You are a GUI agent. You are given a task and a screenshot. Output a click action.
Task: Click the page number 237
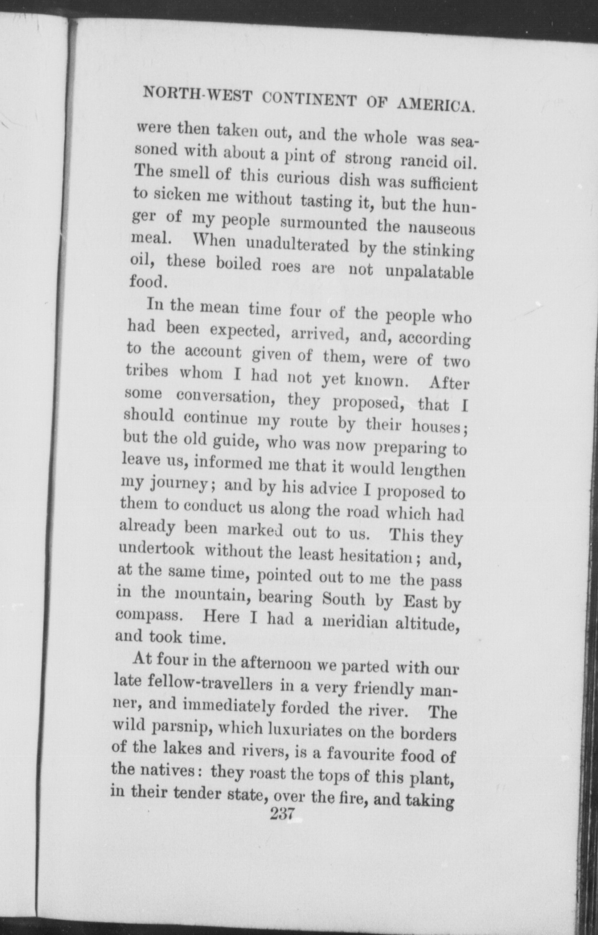284,813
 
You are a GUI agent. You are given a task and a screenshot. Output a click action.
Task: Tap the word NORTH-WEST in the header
196,94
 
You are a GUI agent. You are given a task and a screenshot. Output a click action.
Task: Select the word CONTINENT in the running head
310,100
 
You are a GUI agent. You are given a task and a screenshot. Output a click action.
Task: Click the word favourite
360,754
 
